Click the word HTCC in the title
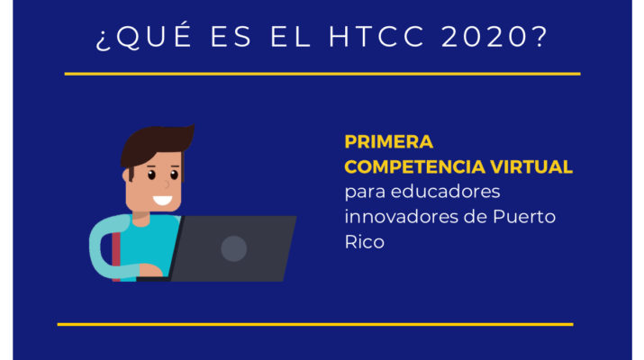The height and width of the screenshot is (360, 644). pos(376,37)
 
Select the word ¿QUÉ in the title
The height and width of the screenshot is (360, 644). pos(143,36)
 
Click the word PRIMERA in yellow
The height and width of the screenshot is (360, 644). pos(388,142)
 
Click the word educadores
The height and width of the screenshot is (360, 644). pos(445,192)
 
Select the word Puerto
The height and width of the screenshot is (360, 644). pos(524,217)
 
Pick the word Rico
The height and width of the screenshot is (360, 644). pos(364,242)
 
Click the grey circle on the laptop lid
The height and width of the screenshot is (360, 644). pos(233,248)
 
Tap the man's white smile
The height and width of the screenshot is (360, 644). pos(163,201)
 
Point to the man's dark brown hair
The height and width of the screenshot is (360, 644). pos(156,144)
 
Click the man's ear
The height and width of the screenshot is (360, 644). pos(126,175)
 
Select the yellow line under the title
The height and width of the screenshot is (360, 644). pos(322,74)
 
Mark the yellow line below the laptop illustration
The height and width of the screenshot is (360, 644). pos(315,324)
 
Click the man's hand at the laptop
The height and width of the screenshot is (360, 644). pos(150,270)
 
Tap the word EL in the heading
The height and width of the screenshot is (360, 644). pos(290,37)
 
